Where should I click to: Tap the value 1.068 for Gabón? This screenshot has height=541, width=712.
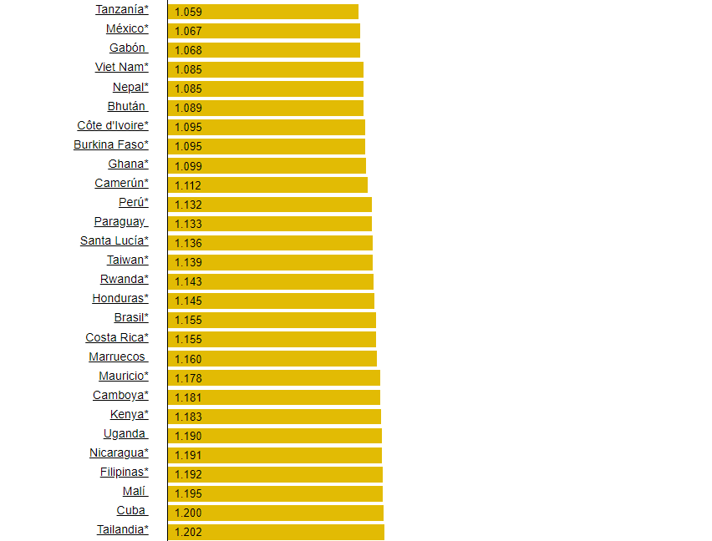tap(188, 50)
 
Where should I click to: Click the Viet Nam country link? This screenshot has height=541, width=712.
tap(121, 67)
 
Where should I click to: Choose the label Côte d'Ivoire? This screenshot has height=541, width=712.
tap(112, 125)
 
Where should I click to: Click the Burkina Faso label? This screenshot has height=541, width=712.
tap(110, 144)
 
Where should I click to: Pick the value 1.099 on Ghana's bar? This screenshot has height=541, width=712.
tap(188, 166)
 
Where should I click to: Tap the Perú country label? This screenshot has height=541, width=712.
tap(133, 202)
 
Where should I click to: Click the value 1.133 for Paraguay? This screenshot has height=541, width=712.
tap(188, 224)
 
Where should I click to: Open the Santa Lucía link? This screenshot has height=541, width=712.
tap(114, 240)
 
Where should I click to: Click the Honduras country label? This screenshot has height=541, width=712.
tap(120, 298)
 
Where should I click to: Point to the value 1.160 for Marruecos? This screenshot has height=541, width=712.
tap(188, 359)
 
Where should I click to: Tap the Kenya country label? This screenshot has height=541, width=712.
tap(129, 414)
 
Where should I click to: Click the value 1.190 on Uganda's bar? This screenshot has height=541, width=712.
tap(188, 436)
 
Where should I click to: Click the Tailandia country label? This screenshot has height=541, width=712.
tap(122, 529)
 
